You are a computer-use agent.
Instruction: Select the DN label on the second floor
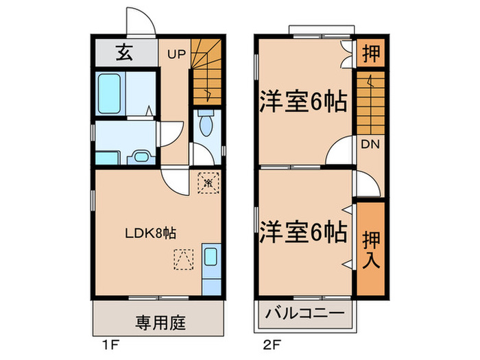(x=371, y=144)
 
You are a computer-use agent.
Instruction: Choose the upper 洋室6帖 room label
(x=302, y=105)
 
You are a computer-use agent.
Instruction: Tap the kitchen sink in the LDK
(x=211, y=259)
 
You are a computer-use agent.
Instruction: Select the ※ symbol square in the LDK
(x=206, y=183)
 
